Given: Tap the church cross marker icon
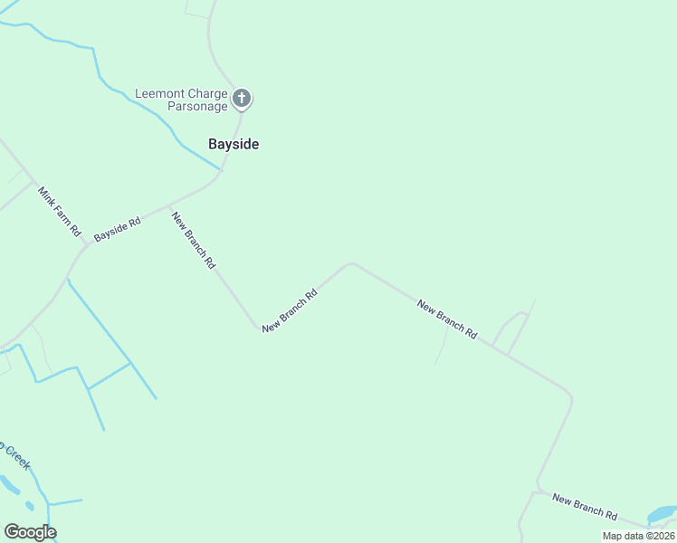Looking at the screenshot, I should (x=241, y=98).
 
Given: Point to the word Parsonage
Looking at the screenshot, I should (x=198, y=106).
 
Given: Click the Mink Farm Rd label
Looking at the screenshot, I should (x=60, y=212).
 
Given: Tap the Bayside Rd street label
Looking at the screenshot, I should (x=118, y=228).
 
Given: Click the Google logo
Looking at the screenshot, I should (x=30, y=532).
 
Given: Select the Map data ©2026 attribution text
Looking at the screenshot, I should (x=638, y=536).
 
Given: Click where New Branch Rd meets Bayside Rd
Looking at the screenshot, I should (x=169, y=205).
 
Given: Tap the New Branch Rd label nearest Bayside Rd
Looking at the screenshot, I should (x=194, y=239).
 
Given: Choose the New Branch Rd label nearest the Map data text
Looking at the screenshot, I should (x=585, y=507).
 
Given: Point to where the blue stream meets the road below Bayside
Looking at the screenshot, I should (x=222, y=169).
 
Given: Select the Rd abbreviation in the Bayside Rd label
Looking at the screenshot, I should (x=134, y=221).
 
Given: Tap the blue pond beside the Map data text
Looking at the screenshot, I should (x=663, y=513).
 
